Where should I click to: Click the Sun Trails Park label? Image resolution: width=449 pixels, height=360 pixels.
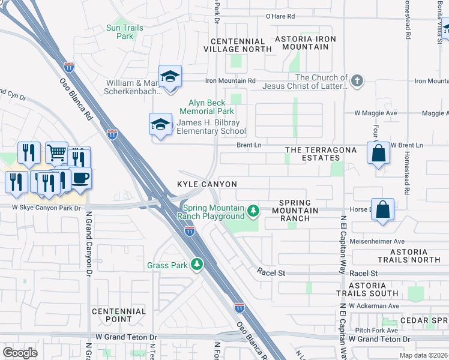pos(124,32)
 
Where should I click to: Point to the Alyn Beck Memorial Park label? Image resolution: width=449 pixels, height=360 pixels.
pos(207,107)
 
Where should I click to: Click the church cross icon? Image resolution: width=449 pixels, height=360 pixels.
pos(357,81)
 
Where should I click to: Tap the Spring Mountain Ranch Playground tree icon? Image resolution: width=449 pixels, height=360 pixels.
pos(253,210)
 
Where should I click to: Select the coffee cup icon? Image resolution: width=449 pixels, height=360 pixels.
pos(80,178)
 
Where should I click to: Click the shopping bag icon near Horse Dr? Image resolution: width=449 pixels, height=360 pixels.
pos(383,209)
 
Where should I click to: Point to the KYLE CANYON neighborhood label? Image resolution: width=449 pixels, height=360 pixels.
pos(206,184)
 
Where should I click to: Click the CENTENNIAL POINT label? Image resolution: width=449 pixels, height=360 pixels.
pos(119,316)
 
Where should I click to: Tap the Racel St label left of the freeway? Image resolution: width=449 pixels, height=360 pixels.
pos(271,272)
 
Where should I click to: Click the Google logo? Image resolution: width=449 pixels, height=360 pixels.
pos(20,352)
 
